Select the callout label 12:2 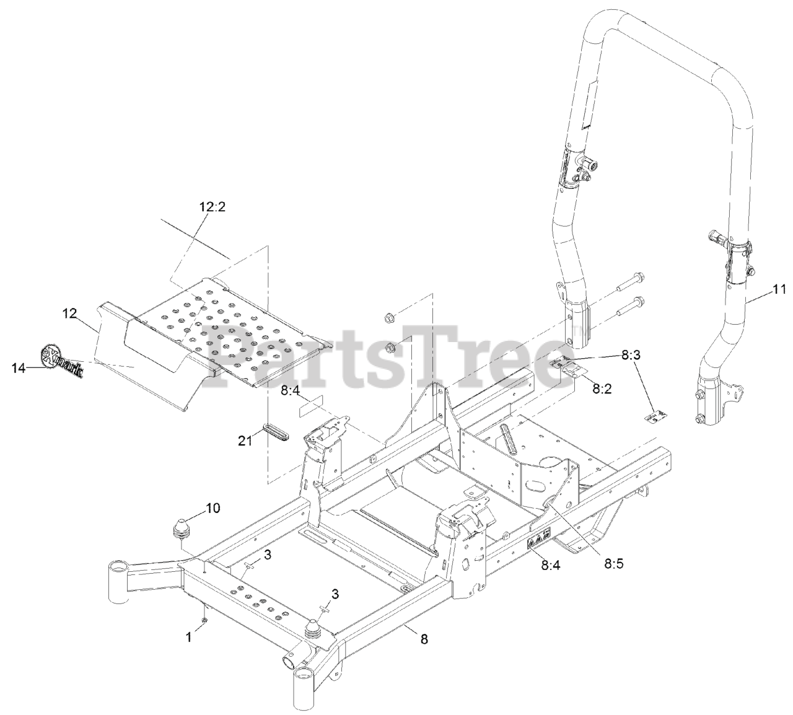pos(212,207)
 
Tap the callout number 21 pos(245,441)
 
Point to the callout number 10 pos(212,508)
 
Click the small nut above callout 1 pos(204,621)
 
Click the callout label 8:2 pos(602,388)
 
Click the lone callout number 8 pos(424,639)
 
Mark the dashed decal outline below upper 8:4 pos(312,408)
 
